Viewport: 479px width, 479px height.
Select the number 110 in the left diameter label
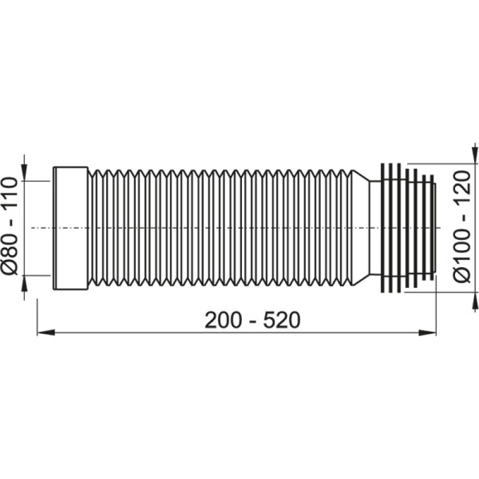(x=10, y=195)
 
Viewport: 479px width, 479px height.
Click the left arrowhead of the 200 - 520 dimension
(x=46, y=333)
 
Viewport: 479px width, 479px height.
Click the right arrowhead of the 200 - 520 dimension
(x=427, y=333)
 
